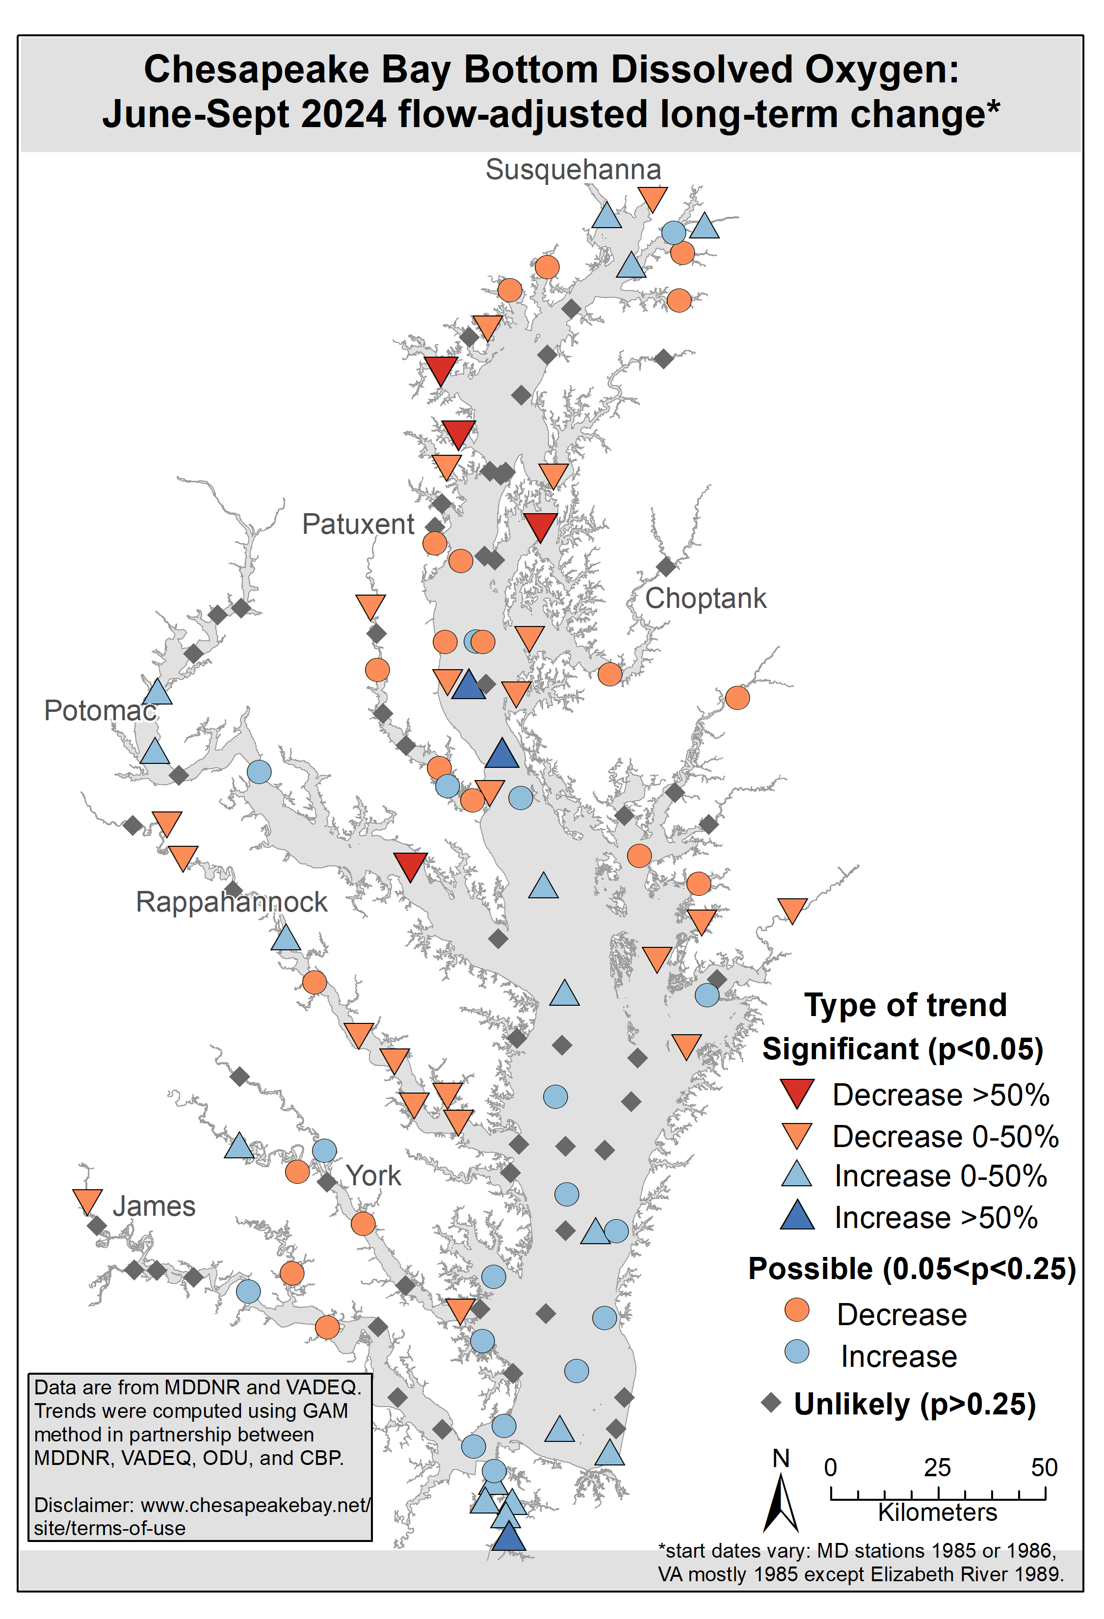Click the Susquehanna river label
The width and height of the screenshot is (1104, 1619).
click(573, 170)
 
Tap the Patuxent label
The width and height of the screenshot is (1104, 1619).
click(358, 524)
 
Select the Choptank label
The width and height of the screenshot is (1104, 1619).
click(705, 599)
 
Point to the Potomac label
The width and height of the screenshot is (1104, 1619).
click(100, 710)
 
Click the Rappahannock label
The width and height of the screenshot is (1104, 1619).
click(231, 902)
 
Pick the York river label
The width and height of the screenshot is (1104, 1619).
click(374, 1176)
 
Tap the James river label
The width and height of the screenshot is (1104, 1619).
click(154, 1206)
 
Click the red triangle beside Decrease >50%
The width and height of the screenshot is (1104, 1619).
click(797, 1093)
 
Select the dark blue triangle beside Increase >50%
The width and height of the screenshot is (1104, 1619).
click(797, 1216)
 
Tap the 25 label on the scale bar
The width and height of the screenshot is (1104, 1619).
click(938, 1468)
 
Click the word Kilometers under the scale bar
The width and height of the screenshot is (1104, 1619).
click(938, 1513)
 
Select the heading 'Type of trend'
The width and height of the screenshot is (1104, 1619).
click(905, 1005)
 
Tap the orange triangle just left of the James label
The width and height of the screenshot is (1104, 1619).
click(88, 1201)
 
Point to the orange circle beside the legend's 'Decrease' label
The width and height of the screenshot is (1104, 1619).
click(797, 1310)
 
